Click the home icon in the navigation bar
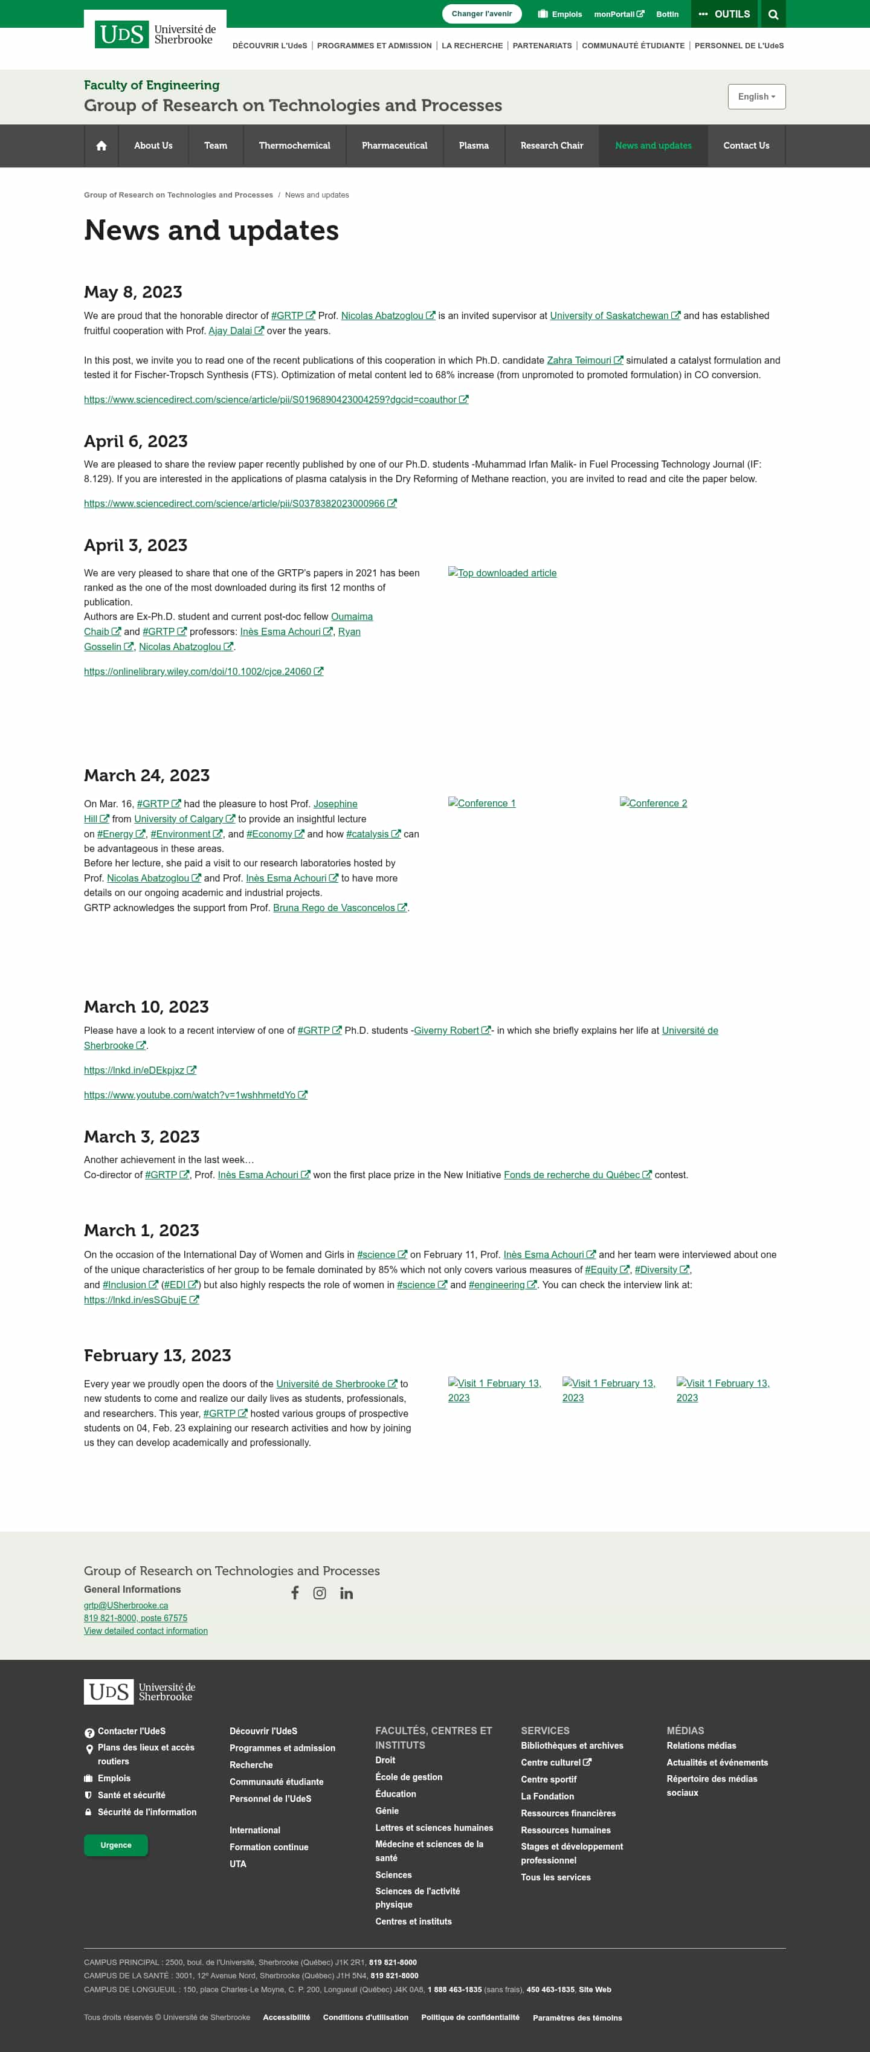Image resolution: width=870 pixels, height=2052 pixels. click(101, 146)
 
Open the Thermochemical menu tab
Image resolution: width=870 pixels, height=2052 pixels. click(294, 146)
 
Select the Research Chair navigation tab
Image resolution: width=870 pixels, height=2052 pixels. click(552, 146)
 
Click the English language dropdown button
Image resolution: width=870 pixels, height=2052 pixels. click(756, 97)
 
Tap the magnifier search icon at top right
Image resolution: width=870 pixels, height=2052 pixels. click(773, 15)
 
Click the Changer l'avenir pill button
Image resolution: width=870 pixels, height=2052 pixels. click(481, 13)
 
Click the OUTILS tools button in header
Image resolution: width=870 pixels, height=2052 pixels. click(724, 15)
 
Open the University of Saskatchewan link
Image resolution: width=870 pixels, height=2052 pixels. click(610, 315)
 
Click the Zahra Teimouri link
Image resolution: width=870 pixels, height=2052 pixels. click(579, 360)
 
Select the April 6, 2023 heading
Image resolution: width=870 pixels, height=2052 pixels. click(135, 441)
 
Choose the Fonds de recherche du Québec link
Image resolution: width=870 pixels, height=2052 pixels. click(572, 1175)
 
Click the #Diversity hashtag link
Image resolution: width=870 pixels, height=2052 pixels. click(656, 1270)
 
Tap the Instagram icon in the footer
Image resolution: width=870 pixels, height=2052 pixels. click(320, 1593)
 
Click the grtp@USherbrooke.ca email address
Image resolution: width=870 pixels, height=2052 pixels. click(126, 1605)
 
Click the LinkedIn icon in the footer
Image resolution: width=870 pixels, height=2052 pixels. click(347, 1593)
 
